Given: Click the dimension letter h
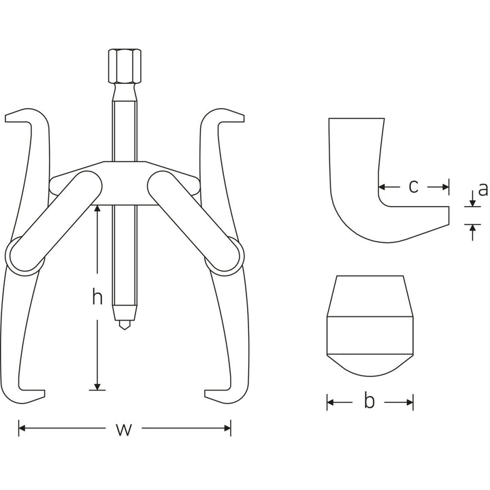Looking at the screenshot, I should (98, 297).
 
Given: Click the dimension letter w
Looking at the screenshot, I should (123, 429).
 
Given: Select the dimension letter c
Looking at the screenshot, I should (414, 186).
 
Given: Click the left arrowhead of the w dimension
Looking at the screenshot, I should (22, 429).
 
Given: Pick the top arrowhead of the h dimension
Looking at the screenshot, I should (98, 210).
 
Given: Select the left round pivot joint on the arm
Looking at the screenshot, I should (22, 257).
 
